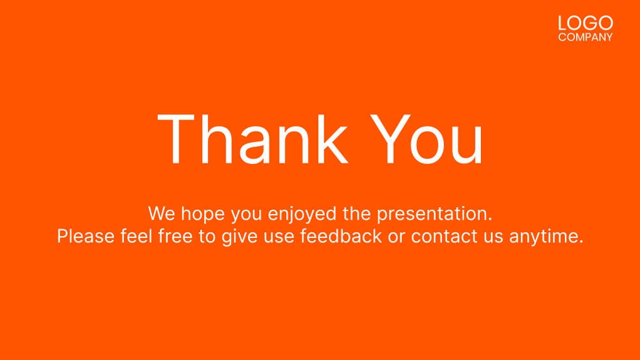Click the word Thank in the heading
252,138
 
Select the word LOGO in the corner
586,24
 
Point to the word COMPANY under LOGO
586,38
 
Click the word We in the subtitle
162,213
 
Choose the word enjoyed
302,215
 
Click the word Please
86,237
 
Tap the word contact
441,236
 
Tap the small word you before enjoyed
247,215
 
